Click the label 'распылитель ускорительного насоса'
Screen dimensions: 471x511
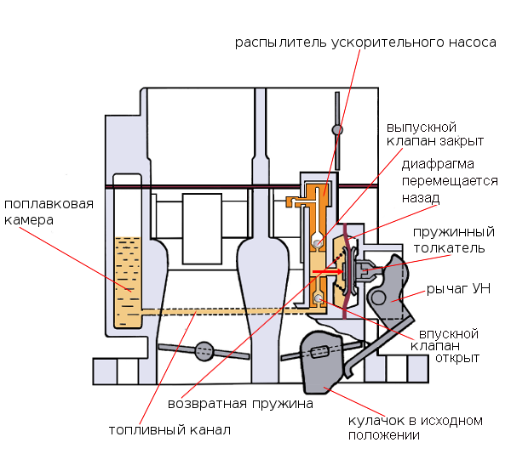click(x=365, y=42)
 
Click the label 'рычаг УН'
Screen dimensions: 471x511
click(x=458, y=290)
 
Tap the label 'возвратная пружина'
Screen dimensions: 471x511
click(x=240, y=404)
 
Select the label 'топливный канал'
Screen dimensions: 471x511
click(x=169, y=430)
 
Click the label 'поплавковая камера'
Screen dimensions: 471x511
click(x=48, y=212)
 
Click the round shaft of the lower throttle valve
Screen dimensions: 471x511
click(x=204, y=350)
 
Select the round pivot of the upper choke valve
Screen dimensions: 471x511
click(x=337, y=130)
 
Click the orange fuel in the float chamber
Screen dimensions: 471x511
click(x=129, y=281)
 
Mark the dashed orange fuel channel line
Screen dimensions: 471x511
click(x=221, y=312)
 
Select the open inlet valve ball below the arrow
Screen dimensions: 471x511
click(x=318, y=298)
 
